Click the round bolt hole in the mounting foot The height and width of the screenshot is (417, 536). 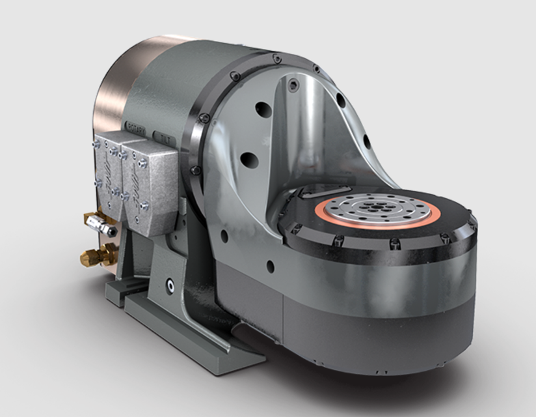pyautogui.click(x=170, y=284)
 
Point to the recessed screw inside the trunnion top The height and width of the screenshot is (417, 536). pyautogui.click(x=293, y=85)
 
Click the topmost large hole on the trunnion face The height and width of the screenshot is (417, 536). pyautogui.click(x=263, y=110)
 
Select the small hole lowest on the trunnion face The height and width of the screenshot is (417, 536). pyautogui.click(x=270, y=265)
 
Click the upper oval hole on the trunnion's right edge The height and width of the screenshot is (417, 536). pyautogui.click(x=340, y=100)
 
